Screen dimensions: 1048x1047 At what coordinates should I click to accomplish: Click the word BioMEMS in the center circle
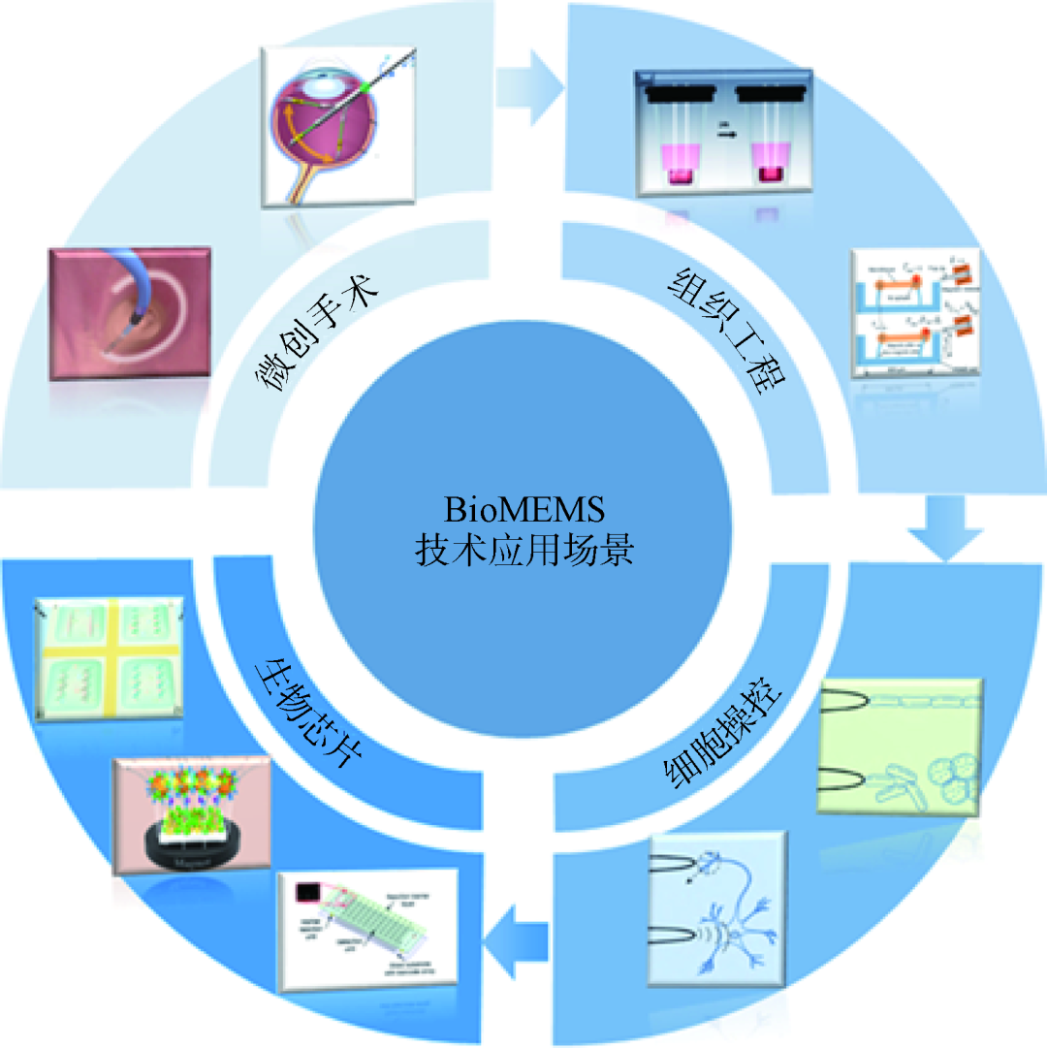click(523, 508)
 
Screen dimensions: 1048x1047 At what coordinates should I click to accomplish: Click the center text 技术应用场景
click(523, 549)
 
